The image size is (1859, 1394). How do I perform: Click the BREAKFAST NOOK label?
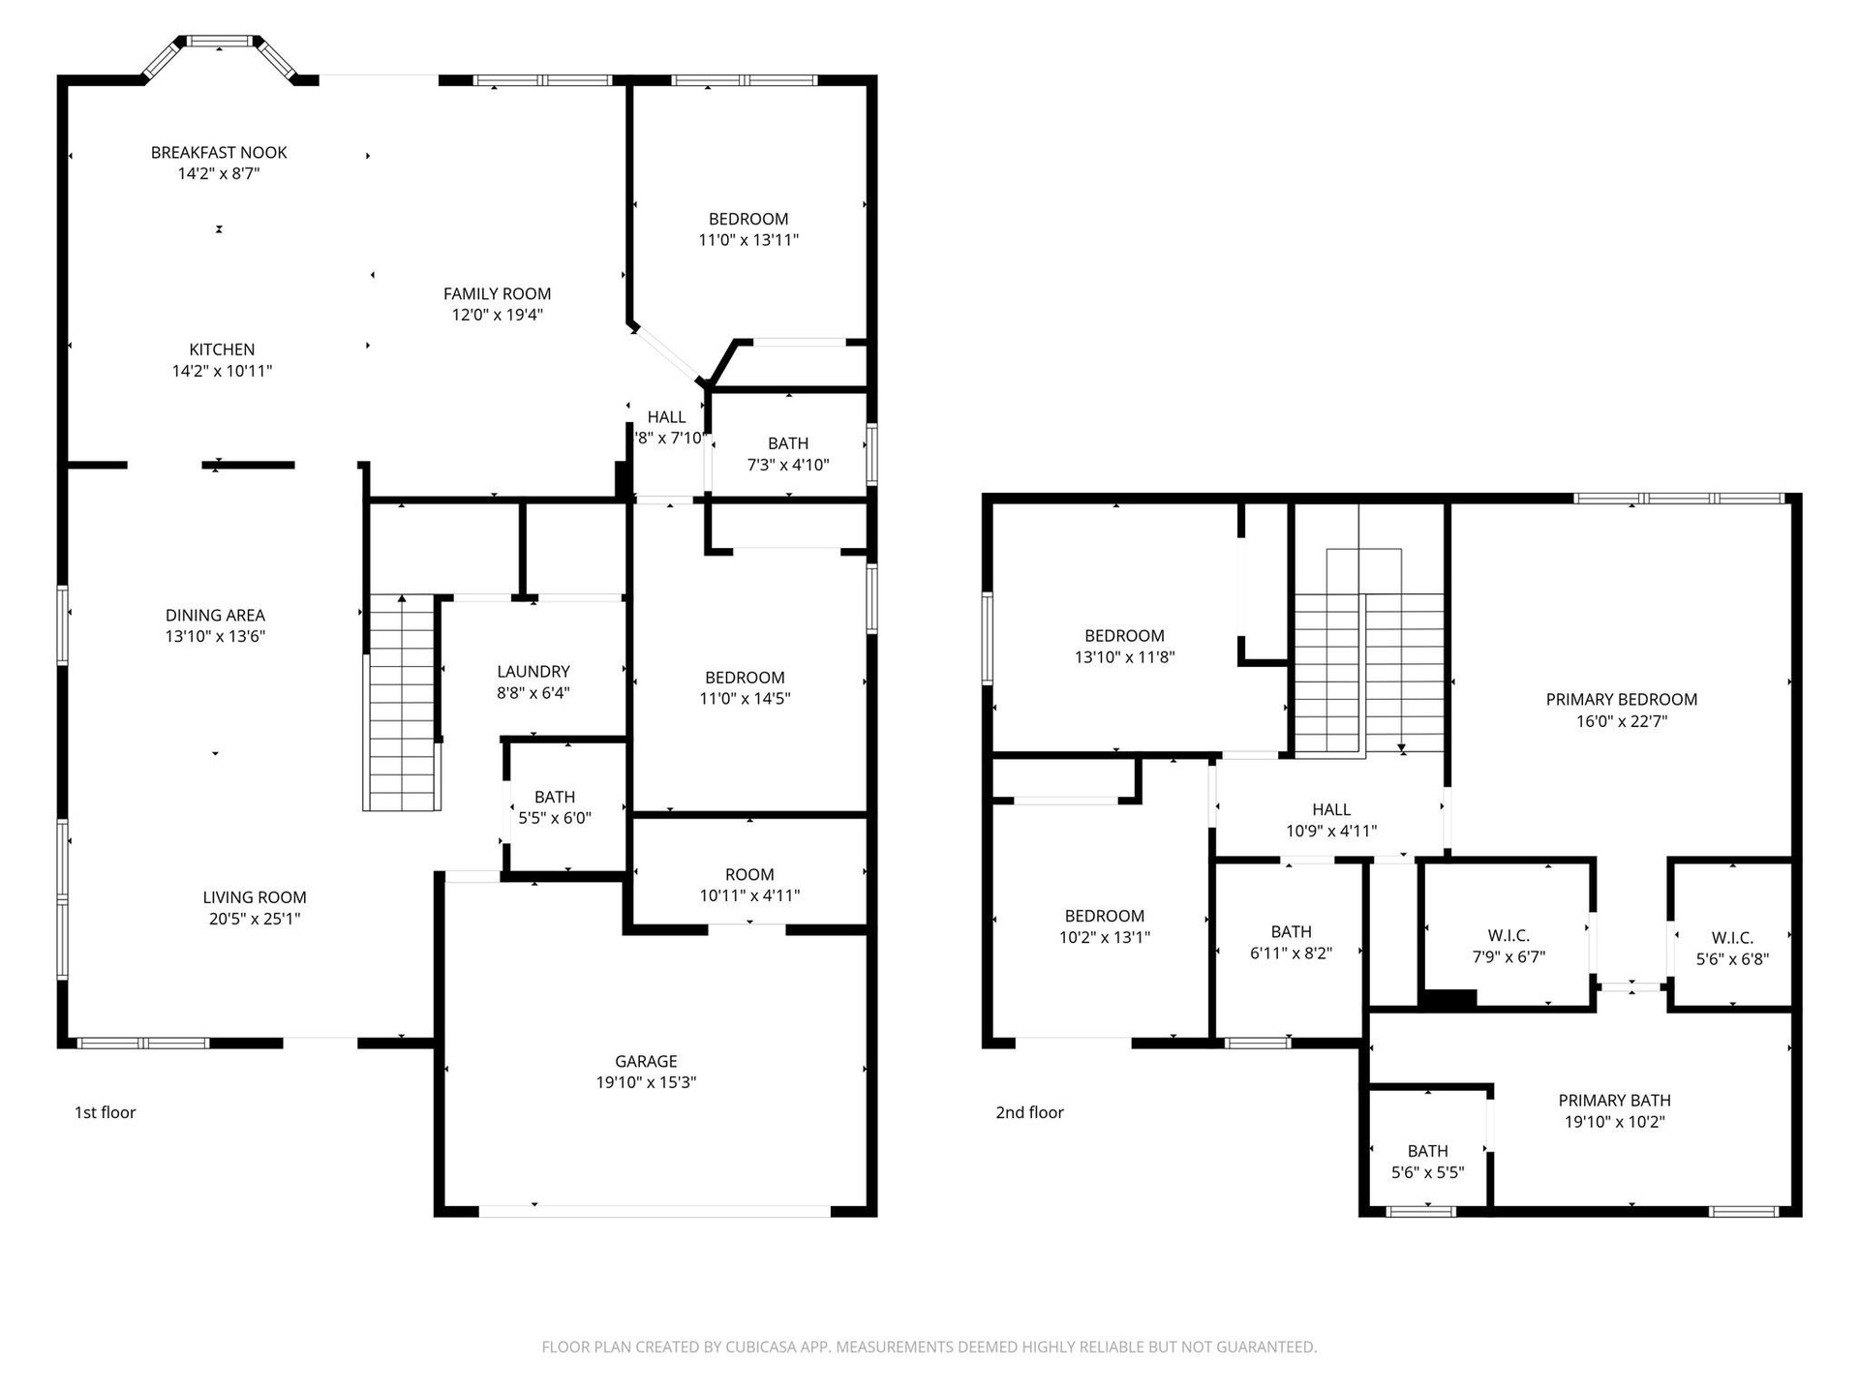[x=219, y=152]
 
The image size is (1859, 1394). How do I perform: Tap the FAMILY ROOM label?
[x=497, y=293]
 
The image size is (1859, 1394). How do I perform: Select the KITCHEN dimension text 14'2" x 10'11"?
[x=222, y=371]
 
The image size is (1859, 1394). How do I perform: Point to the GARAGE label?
[x=646, y=1061]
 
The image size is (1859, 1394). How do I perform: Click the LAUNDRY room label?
[x=533, y=671]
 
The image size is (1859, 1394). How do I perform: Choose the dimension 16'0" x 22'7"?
[x=1621, y=721]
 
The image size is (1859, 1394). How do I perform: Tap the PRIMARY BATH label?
[x=1614, y=1100]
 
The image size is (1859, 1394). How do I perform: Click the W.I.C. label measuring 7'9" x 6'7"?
[x=1509, y=935]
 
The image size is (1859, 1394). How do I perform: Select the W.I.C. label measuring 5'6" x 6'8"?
[x=1732, y=937]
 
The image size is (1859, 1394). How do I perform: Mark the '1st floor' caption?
[x=106, y=1112]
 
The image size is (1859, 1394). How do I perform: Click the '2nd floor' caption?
[x=1029, y=1112]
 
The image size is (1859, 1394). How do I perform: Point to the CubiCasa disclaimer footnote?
[x=929, y=1347]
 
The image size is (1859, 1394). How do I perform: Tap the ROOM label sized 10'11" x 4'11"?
[x=749, y=874]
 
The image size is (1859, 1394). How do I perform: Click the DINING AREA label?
[x=215, y=615]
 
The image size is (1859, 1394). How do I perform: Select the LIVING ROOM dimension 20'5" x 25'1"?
[x=255, y=919]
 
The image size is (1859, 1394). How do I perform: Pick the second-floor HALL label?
[x=1331, y=809]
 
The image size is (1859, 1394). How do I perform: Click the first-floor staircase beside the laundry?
[x=402, y=704]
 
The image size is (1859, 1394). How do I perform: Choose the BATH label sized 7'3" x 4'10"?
[x=788, y=442]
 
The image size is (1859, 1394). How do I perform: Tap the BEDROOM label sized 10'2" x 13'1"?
[x=1105, y=916]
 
